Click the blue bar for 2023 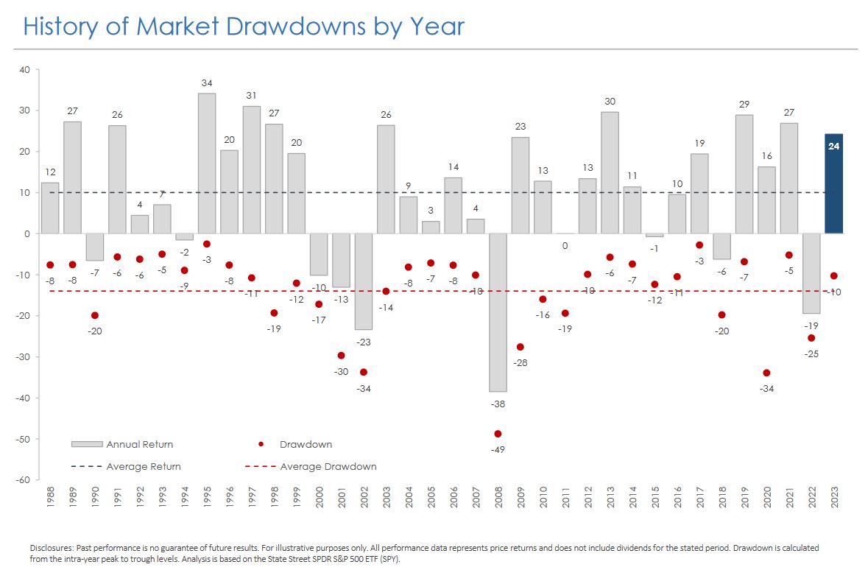(x=833, y=184)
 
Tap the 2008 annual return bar (x=498, y=312)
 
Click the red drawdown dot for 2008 (x=498, y=434)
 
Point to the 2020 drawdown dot (x=766, y=373)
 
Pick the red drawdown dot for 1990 (x=95, y=315)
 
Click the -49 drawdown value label (x=498, y=450)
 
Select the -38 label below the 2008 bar (x=498, y=404)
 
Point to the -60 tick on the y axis (x=24, y=480)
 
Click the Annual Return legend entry (x=140, y=445)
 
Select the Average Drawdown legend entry (x=328, y=467)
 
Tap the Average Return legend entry (x=144, y=467)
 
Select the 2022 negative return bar (x=811, y=273)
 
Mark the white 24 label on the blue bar (x=833, y=147)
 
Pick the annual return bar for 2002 (x=364, y=281)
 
